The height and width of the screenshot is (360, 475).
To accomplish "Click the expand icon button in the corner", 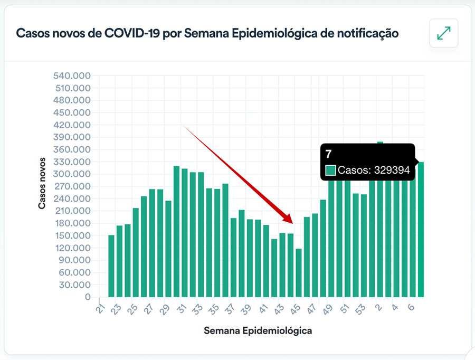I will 444,33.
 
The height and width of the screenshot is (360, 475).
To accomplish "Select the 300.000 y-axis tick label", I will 72,174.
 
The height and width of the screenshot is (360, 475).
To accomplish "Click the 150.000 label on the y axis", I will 72,236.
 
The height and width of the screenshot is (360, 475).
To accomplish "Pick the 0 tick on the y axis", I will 88,297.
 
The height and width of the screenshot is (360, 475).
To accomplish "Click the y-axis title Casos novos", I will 42,183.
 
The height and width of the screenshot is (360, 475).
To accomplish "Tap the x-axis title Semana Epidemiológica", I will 257,331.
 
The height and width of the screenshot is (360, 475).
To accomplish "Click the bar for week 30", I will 177,232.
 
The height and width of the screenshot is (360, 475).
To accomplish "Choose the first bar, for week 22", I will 111,266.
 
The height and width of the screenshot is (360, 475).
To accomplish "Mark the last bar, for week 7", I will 421,230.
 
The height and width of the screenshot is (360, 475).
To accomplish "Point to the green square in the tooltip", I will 331,170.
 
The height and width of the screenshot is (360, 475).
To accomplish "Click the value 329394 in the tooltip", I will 392,170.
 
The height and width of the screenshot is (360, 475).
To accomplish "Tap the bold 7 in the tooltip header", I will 328,154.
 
